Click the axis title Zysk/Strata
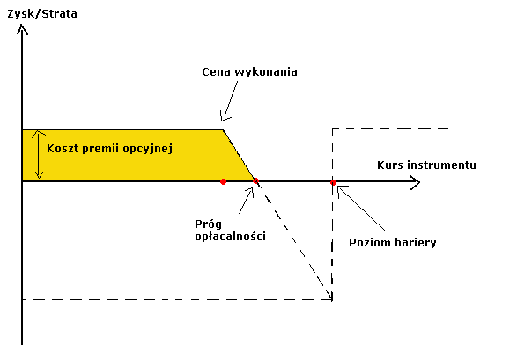click(x=42, y=14)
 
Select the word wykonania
click(x=266, y=72)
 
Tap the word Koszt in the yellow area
click(x=63, y=149)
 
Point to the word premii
click(x=101, y=150)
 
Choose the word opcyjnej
click(x=148, y=150)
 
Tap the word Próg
click(x=208, y=224)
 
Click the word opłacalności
click(x=230, y=237)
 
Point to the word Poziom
click(x=366, y=243)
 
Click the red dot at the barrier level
click(x=333, y=182)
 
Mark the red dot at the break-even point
click(x=256, y=180)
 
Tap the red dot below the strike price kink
click(x=223, y=181)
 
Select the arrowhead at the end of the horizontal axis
click(x=415, y=182)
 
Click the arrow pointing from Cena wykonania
click(x=229, y=101)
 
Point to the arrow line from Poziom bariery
click(x=361, y=208)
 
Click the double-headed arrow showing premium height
click(x=39, y=154)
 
